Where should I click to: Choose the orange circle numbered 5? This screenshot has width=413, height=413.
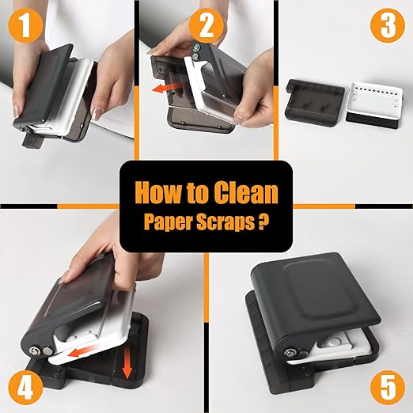click(388, 388)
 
